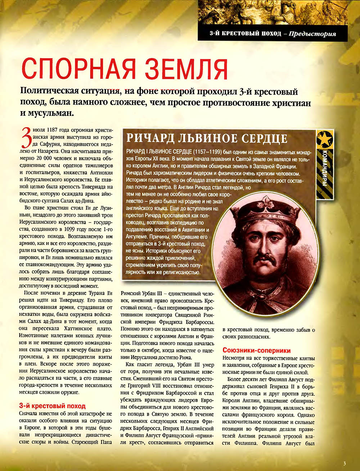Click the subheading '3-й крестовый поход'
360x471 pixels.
click(52, 406)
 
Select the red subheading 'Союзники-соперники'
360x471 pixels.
click(257, 350)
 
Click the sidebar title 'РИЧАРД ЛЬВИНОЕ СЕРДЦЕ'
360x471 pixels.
click(207, 138)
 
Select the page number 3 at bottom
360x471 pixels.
click(344, 463)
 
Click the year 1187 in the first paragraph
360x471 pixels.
click(52, 130)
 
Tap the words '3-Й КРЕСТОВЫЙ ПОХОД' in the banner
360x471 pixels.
click(245, 34)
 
